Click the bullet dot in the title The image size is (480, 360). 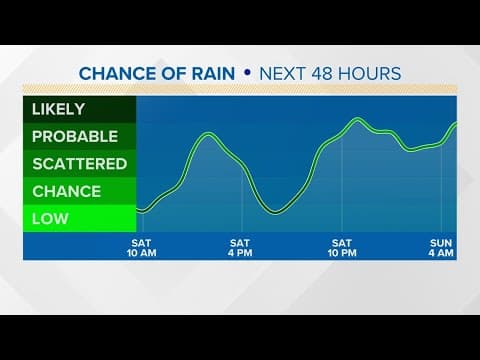click(248, 73)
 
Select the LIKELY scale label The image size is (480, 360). click(58, 109)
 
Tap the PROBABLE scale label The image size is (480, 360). click(74, 136)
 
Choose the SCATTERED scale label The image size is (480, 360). click(79, 163)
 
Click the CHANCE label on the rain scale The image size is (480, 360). click(66, 190)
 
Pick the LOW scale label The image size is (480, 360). click(50, 218)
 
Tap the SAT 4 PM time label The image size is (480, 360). click(240, 248)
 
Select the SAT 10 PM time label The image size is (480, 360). click(342, 248)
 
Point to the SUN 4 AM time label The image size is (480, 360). click(441, 248)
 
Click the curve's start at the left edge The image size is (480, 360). click(138, 210)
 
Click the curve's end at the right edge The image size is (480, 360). click(456, 123)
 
